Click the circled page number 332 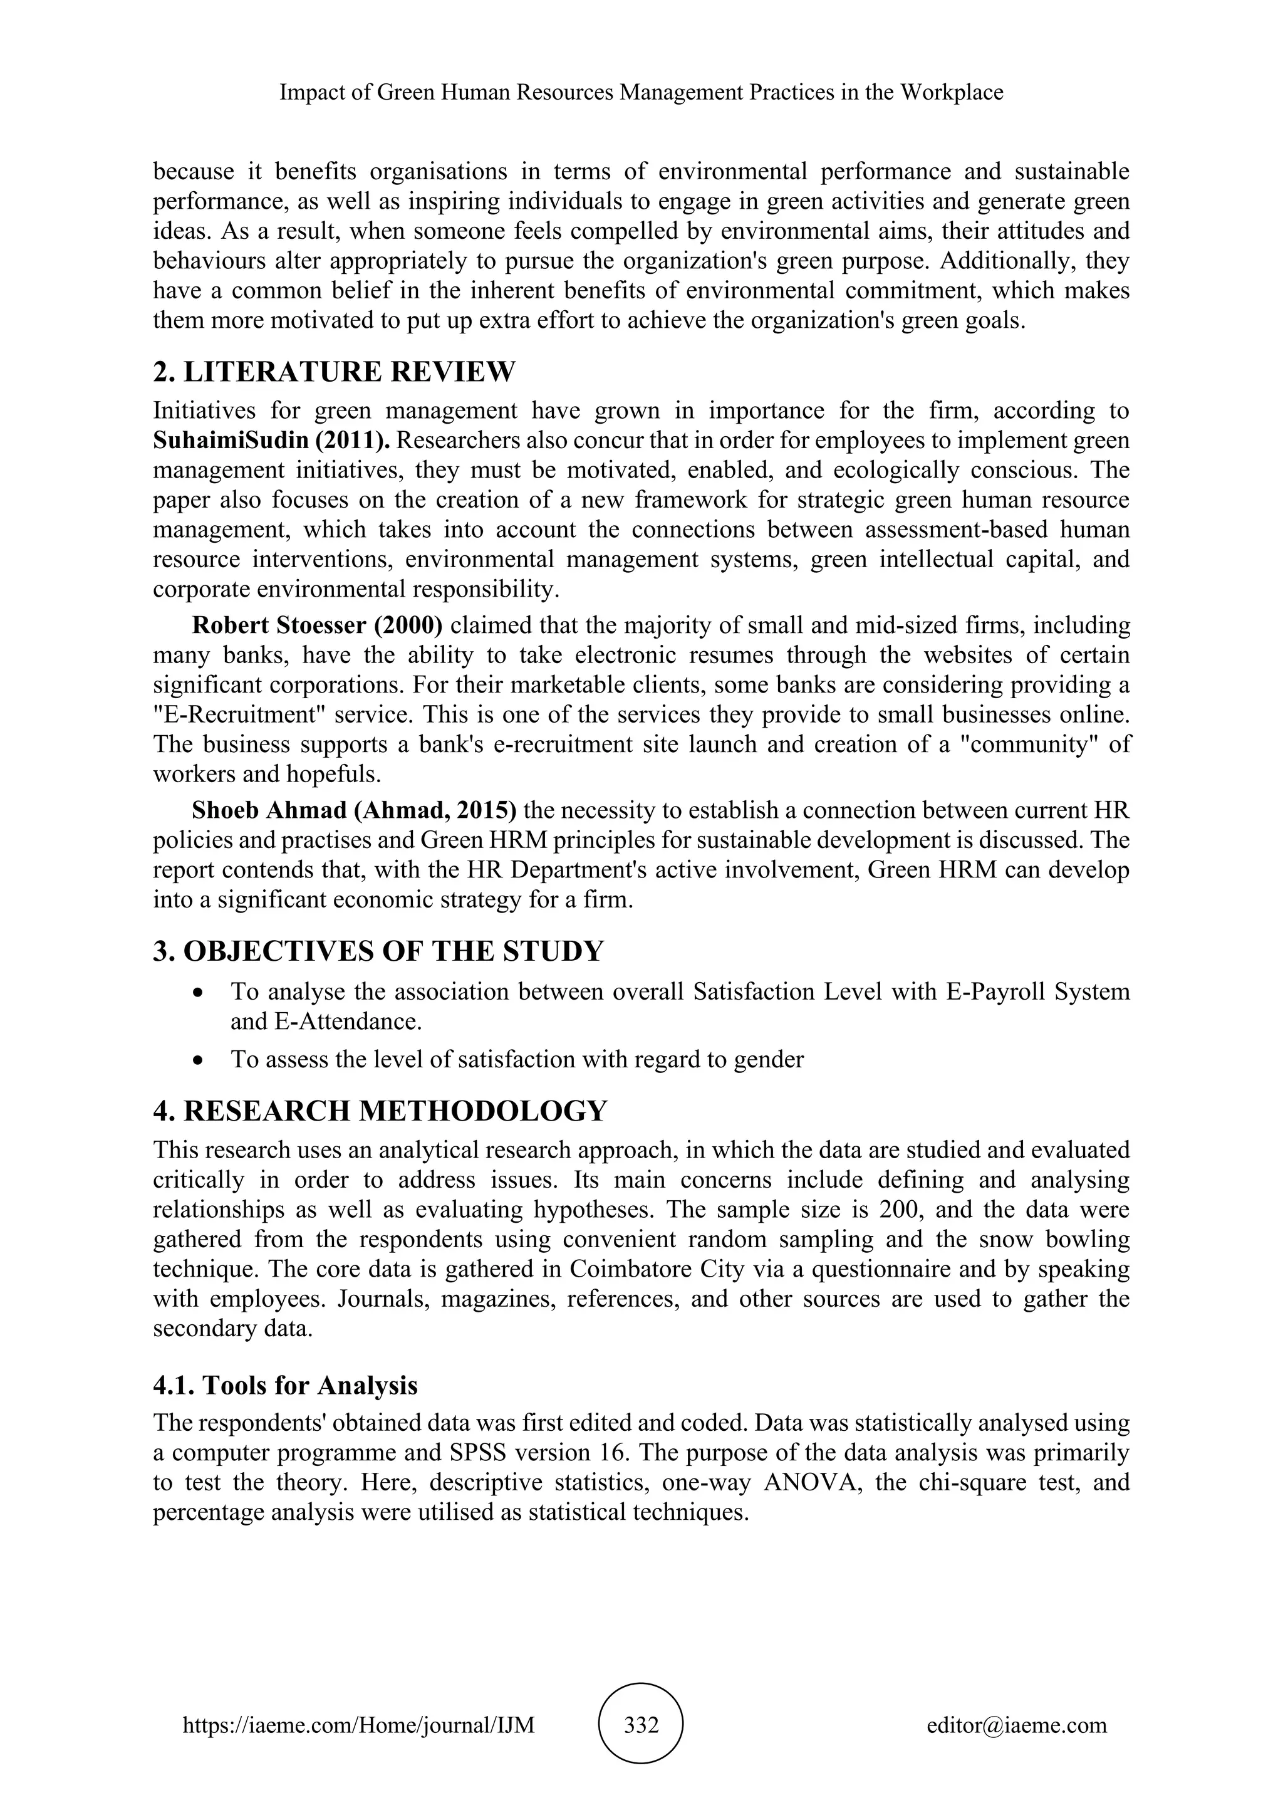[641, 1723]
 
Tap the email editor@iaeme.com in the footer [1017, 1723]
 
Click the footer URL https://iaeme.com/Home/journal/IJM [359, 1723]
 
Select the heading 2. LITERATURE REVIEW [333, 372]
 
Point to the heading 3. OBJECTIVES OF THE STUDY [378, 950]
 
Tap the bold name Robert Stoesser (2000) [317, 625]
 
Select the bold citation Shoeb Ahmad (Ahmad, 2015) [354, 810]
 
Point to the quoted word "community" [1024, 745]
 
